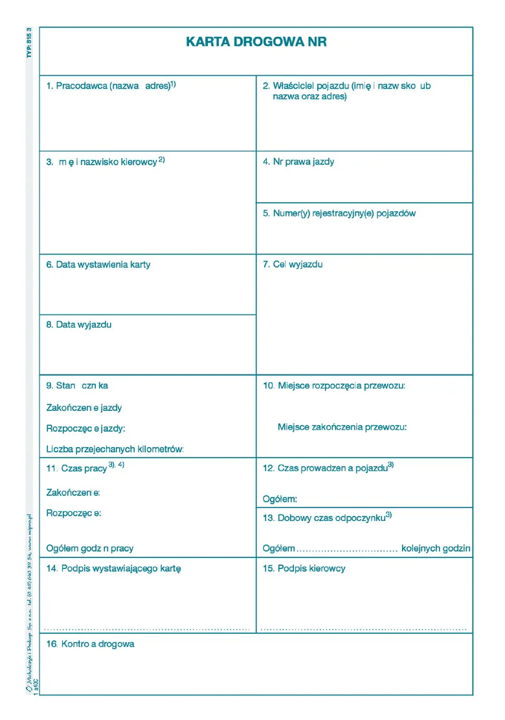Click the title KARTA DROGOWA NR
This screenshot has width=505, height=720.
[256, 42]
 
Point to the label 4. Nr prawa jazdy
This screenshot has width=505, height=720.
[298, 162]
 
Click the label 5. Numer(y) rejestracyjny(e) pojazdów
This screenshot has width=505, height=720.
[339, 213]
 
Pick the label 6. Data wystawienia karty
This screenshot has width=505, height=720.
[98, 265]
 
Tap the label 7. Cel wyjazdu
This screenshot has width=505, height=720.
[293, 264]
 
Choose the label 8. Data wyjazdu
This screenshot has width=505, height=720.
[79, 325]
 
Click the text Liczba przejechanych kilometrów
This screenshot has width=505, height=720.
[115, 449]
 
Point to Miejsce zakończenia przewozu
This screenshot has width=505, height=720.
[342, 427]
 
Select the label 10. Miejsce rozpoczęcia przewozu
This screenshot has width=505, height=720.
[334, 386]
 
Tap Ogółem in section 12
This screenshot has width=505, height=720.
[280, 499]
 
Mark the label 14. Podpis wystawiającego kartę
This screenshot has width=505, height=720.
[113, 569]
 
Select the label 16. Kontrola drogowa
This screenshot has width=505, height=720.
[90, 645]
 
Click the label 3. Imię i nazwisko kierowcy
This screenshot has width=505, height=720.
[106, 162]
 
